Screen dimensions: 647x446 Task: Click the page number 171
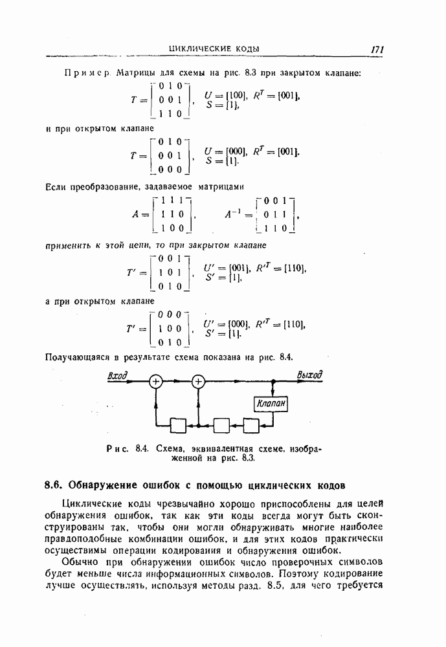pos(378,49)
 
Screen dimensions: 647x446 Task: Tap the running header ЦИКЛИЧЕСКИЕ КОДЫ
pos(214,49)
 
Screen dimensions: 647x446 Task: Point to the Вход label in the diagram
pos(117,375)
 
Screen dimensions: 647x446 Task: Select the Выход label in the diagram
pos(309,375)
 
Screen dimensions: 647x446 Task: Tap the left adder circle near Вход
pos(156,382)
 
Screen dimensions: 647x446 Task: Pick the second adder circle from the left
pos(198,382)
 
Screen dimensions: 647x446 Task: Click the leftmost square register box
pos(178,425)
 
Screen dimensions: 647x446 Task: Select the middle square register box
pos(222,425)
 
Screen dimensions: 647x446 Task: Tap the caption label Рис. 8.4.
pos(133,448)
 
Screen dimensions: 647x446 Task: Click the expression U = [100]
pos(226,95)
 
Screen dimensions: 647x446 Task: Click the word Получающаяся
pos(78,356)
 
